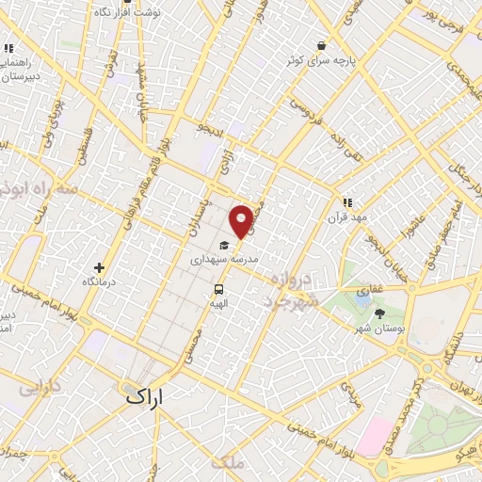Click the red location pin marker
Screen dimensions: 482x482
[x=242, y=220]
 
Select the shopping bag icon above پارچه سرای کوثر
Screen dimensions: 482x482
[x=321, y=45]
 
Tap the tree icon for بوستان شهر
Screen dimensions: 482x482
[x=379, y=313]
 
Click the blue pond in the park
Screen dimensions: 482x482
[x=363, y=299]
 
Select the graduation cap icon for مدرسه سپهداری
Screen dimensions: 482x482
[x=224, y=245]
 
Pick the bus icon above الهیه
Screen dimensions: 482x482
[x=218, y=290]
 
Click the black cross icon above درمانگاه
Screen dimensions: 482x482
[x=100, y=267]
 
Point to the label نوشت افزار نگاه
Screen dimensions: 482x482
[x=128, y=12]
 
